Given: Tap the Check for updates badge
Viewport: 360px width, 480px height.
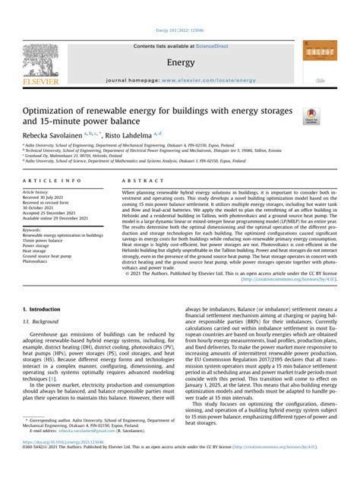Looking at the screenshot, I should click(x=312, y=115).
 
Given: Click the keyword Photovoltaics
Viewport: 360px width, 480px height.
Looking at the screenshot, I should click(x=36, y=261).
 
